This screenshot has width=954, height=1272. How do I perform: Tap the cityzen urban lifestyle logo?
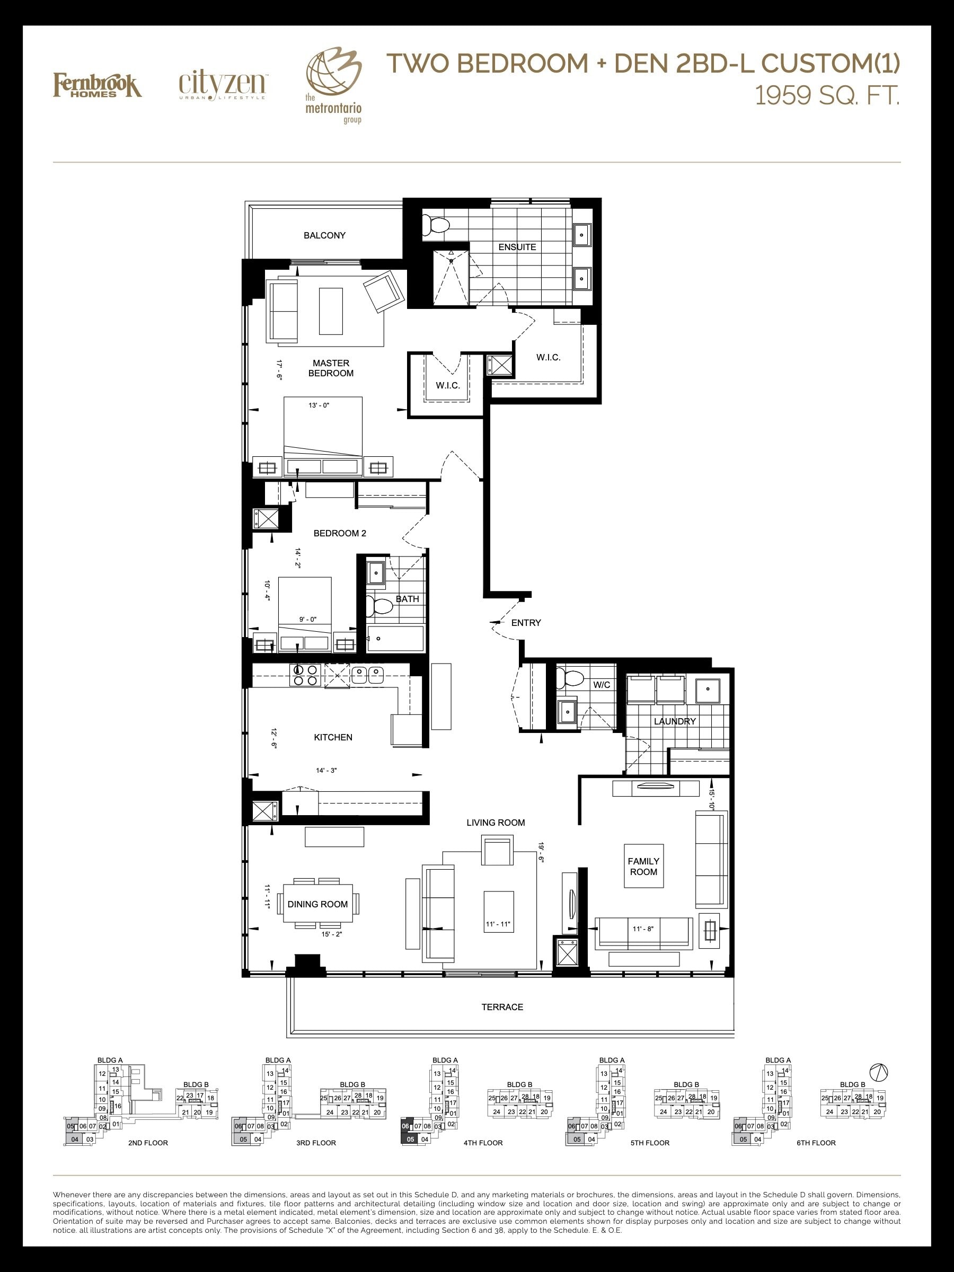(x=223, y=86)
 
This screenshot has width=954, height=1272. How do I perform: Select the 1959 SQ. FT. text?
(x=827, y=95)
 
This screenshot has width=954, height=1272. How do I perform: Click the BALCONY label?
(x=325, y=235)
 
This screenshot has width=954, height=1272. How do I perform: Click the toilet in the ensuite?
(x=435, y=225)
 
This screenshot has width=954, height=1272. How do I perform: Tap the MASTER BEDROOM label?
(x=331, y=368)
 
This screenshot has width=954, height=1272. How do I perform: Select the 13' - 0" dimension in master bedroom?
(x=319, y=405)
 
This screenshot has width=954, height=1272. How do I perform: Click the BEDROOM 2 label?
(x=340, y=533)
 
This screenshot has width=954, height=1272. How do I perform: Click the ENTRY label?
(x=526, y=622)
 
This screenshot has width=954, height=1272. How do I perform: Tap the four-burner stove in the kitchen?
(x=306, y=675)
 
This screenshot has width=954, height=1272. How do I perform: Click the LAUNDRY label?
(x=675, y=721)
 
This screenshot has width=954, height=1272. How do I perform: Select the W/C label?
(x=602, y=684)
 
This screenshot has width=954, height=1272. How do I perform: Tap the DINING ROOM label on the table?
(x=317, y=904)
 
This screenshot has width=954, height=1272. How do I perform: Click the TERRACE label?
(x=502, y=1007)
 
